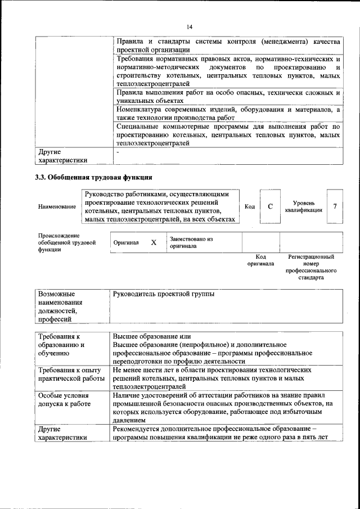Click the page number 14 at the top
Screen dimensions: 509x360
tap(190, 27)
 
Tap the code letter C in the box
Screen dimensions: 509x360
tap(270, 206)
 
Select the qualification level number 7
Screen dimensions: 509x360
tap(335, 206)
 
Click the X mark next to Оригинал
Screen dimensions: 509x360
tap(154, 242)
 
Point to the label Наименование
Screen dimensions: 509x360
tap(57, 207)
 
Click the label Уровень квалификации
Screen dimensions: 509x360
tap(307, 206)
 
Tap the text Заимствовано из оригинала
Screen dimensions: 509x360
tap(191, 242)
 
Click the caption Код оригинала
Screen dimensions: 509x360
tap(260, 260)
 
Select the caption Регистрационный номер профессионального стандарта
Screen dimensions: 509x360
tap(311, 267)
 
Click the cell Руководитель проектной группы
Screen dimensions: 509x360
tap(164, 294)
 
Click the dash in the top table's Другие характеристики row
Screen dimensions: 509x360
tap(118, 152)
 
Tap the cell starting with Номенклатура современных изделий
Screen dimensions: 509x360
tap(228, 114)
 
